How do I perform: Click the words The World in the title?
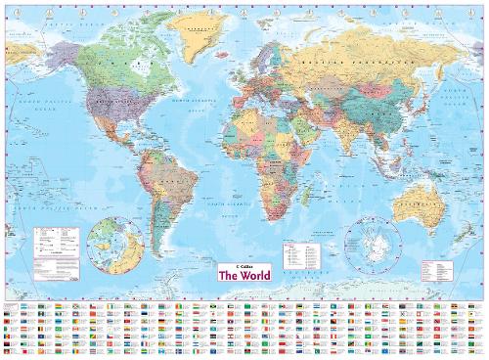(244, 277)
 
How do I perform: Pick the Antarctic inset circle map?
(370, 241)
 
